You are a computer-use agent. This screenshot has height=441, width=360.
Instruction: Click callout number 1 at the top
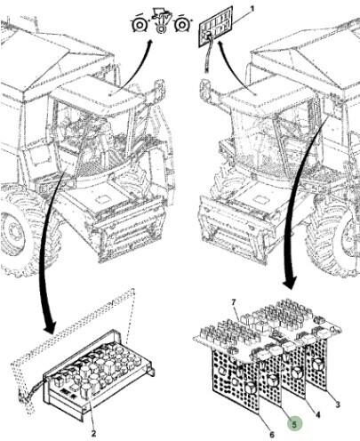(252, 10)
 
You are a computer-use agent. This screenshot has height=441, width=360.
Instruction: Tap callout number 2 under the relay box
(93, 434)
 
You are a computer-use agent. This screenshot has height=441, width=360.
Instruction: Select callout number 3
(338, 405)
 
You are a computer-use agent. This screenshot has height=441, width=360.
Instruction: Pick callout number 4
(317, 414)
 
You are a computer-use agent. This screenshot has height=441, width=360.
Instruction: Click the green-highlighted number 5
(294, 424)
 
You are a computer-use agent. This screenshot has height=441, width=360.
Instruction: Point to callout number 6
(272, 435)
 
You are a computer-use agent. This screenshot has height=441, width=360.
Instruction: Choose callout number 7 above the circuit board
(234, 302)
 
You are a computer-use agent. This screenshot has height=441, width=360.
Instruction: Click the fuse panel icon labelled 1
(215, 26)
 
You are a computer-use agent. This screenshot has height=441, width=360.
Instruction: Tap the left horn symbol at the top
(139, 25)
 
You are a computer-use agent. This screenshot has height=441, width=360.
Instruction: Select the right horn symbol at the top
(181, 25)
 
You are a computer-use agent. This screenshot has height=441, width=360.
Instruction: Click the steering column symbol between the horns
(161, 21)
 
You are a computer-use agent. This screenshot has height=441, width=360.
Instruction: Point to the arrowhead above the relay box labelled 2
(50, 327)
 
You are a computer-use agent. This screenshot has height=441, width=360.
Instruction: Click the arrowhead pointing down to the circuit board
(289, 282)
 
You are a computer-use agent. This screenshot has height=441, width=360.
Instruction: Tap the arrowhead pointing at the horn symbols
(149, 44)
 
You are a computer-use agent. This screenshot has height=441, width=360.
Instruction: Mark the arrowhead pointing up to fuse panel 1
(220, 44)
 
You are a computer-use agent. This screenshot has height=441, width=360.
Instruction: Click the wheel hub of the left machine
(12, 230)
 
